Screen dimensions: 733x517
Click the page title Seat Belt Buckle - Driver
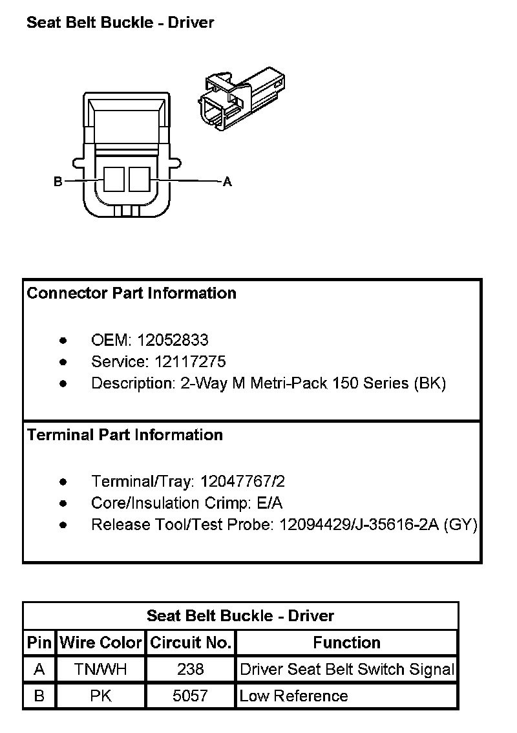coord(120,23)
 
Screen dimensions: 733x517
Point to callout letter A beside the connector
coord(227,182)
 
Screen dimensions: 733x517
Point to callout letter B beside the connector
coord(58,182)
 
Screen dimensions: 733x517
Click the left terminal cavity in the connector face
coord(114,179)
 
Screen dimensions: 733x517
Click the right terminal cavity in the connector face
coord(139,179)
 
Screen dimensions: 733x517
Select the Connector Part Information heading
coord(132,293)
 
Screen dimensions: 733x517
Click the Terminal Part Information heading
coord(125,435)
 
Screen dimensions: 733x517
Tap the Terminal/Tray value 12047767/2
coord(242,482)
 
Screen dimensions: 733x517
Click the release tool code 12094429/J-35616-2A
coord(359,525)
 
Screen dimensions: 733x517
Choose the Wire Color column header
coord(100,643)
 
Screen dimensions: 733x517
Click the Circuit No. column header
coord(190,643)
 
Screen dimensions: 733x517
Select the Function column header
coord(346,643)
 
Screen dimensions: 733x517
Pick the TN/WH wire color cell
coord(100,670)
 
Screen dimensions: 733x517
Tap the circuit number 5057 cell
coord(190,696)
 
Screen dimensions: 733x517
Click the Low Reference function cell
coord(293,696)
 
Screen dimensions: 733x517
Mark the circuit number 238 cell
coord(190,670)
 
